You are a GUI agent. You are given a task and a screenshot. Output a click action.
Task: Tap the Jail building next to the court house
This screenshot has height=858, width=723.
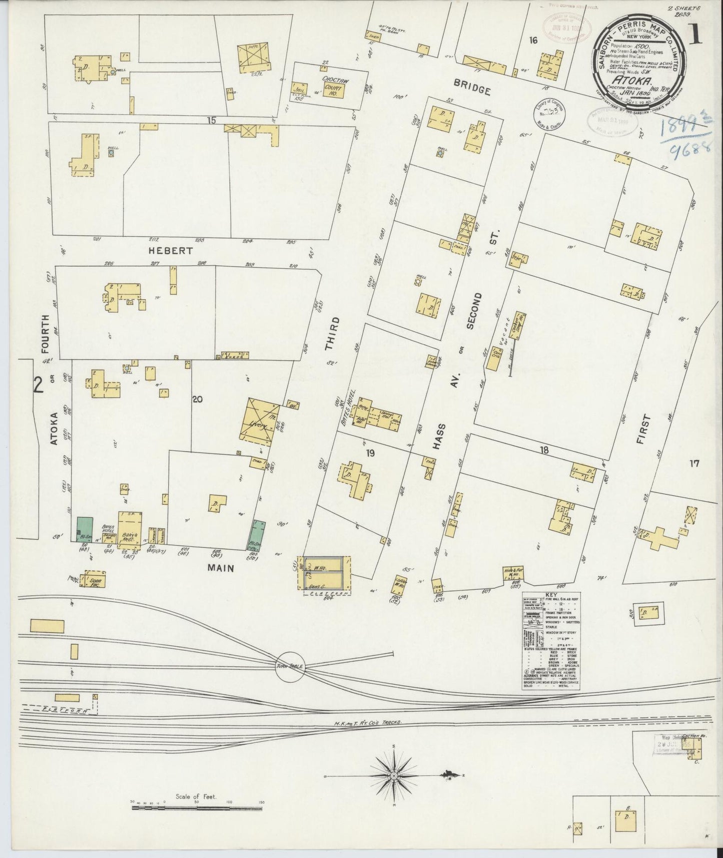pyautogui.click(x=301, y=89)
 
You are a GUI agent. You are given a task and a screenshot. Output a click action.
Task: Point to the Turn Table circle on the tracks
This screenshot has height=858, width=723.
pyautogui.click(x=290, y=667)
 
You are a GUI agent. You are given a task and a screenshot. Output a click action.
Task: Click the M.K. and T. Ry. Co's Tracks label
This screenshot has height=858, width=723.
pyautogui.click(x=368, y=723)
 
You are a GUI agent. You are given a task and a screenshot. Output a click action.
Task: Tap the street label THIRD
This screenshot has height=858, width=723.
pyautogui.click(x=331, y=333)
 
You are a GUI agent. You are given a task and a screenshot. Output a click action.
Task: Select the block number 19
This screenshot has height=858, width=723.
pyautogui.click(x=370, y=454)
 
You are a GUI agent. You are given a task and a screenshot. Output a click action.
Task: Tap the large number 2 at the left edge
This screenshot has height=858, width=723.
pyautogui.click(x=38, y=385)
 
